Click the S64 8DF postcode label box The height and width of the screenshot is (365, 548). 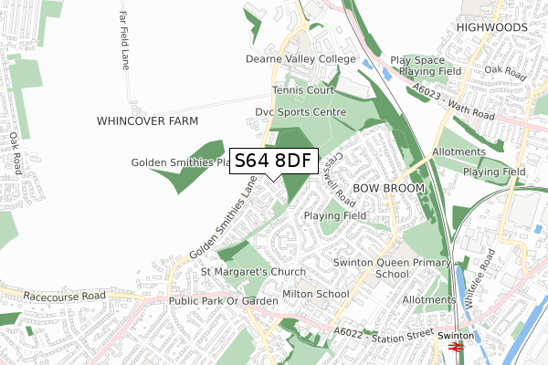273,162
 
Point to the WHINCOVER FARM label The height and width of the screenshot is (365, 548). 147,120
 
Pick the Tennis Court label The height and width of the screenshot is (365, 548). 302,90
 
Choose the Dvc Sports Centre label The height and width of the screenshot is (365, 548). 300,112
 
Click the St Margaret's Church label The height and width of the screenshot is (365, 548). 255,272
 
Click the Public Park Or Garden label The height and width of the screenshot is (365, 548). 223,301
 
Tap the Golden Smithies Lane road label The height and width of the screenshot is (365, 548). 220,217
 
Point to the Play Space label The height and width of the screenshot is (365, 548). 417,59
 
